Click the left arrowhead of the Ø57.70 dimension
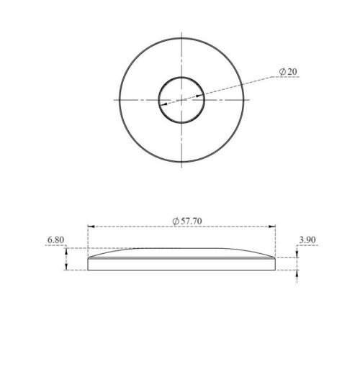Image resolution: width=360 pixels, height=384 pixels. tap(90, 227)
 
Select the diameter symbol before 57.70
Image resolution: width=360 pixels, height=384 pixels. tap(176, 220)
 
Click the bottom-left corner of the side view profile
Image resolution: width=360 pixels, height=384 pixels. tap(88, 270)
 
